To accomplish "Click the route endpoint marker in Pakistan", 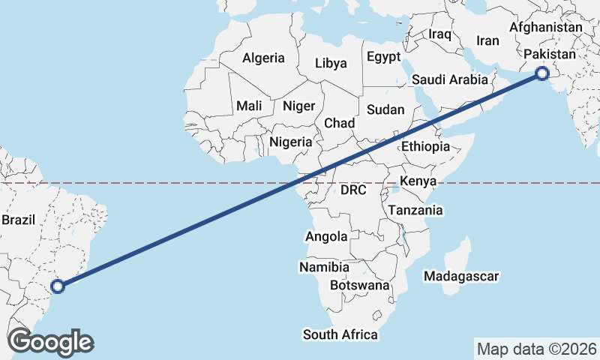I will pyautogui.click(x=541, y=73).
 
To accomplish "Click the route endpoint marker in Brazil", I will pyautogui.click(x=58, y=285).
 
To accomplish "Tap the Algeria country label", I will pyautogui.click(x=263, y=58).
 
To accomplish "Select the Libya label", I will pyautogui.click(x=331, y=63).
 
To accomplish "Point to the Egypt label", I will pyautogui.click(x=384, y=57).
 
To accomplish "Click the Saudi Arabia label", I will pyautogui.click(x=450, y=79).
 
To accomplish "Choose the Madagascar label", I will pyautogui.click(x=461, y=277).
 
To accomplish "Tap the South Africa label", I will pyautogui.click(x=340, y=334).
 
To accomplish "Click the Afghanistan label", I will pyautogui.click(x=545, y=28).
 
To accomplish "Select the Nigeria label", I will pyautogui.click(x=290, y=142).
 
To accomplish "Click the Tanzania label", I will pyautogui.click(x=415, y=211).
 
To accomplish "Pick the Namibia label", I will pyautogui.click(x=324, y=267).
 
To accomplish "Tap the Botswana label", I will pyautogui.click(x=360, y=285).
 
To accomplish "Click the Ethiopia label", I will pyautogui.click(x=425, y=147).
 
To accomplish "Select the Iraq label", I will pyautogui.click(x=439, y=34).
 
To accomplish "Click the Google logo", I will pyautogui.click(x=50, y=342).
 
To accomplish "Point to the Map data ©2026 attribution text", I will pyautogui.click(x=537, y=349).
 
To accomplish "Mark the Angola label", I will pyautogui.click(x=326, y=237).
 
